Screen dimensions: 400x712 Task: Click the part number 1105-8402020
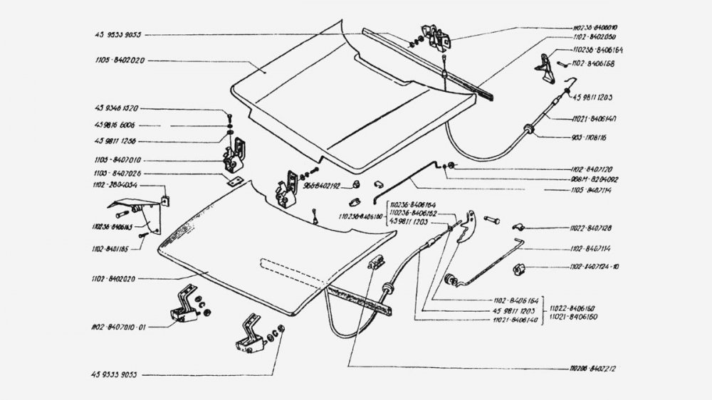click(118, 61)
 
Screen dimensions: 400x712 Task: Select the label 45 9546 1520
click(116, 109)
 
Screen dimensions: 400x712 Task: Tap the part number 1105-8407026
click(115, 172)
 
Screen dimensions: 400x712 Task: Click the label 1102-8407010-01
click(118, 328)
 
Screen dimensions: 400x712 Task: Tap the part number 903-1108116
click(592, 135)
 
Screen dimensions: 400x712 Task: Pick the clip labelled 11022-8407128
click(518, 228)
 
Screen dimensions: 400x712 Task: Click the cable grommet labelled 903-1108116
click(528, 129)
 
